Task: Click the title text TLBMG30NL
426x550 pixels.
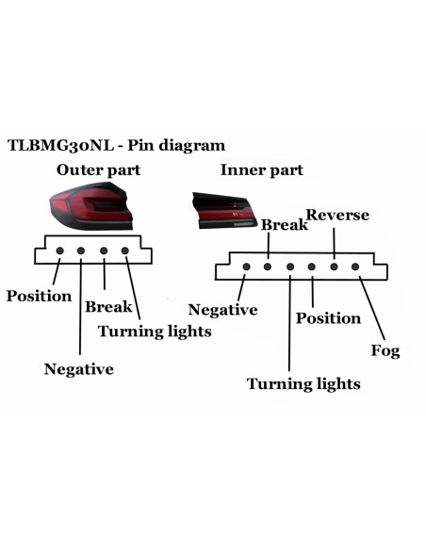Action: [x=60, y=145]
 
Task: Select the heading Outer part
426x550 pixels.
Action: [x=98, y=170]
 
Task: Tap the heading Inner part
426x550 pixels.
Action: [x=261, y=170]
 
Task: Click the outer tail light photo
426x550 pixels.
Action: [x=91, y=206]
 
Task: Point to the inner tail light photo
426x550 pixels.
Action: [x=222, y=210]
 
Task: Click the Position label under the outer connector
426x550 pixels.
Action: [x=39, y=297]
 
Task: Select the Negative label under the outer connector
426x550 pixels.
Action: [x=79, y=369]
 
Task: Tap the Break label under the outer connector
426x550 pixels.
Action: [x=108, y=307]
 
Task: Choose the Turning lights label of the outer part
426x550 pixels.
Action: [x=155, y=332]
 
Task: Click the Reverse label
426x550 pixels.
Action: [x=337, y=215]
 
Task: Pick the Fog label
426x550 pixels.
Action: [x=385, y=350]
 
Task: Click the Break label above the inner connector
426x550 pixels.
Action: [x=285, y=225]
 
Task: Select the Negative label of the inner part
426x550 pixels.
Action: [x=222, y=310]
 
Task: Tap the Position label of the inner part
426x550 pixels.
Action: [x=328, y=318]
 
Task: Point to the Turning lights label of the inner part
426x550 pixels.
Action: [x=303, y=383]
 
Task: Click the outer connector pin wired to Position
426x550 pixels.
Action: [x=60, y=251]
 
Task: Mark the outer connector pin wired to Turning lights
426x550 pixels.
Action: [x=125, y=251]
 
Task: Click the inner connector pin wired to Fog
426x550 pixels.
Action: [x=355, y=267]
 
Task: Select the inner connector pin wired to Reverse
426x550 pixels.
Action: [x=334, y=267]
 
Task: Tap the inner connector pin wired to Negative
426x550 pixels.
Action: [x=246, y=267]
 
